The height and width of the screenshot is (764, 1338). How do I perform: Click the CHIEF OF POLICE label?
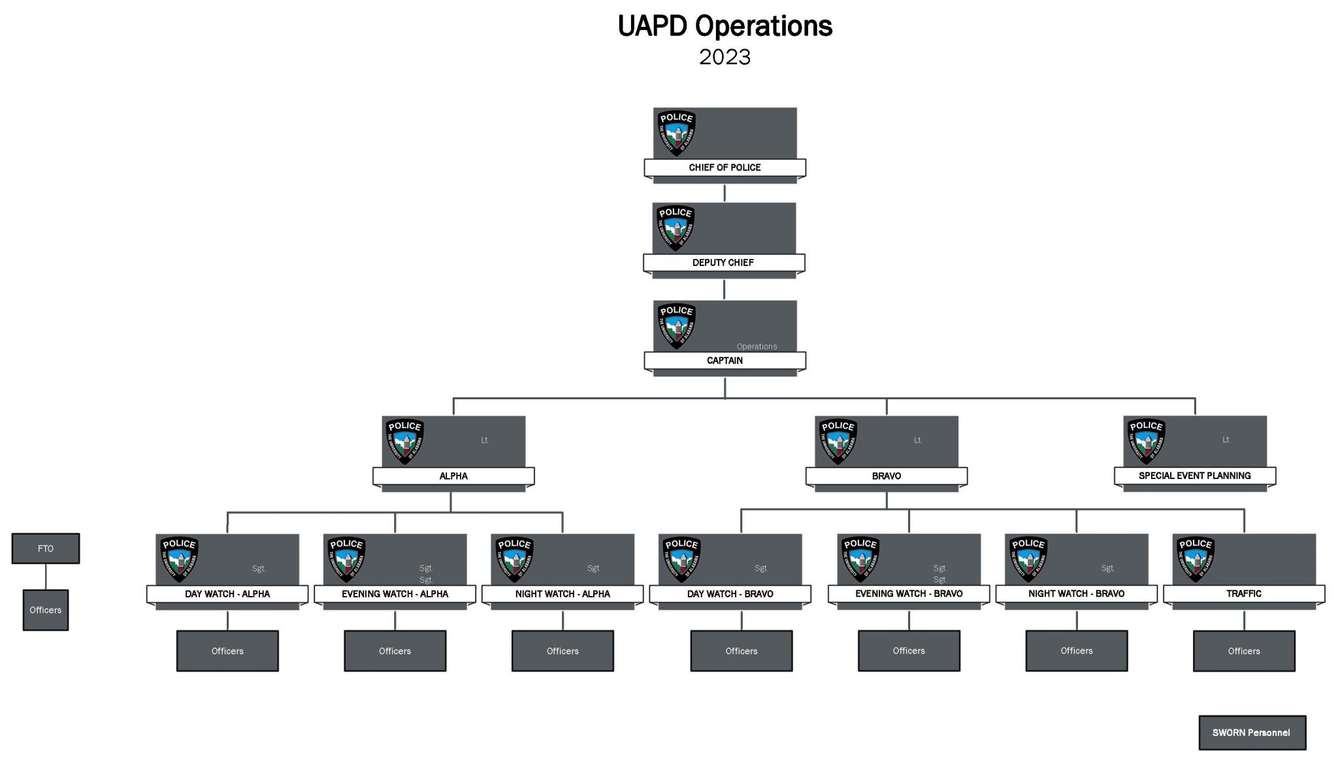tap(725, 167)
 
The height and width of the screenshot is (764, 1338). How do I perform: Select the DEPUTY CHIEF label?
tap(723, 262)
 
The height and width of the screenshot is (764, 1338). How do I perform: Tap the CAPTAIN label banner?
tap(725, 360)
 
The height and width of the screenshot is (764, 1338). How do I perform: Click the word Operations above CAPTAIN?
tap(757, 346)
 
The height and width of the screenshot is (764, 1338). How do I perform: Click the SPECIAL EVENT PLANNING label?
tap(1194, 476)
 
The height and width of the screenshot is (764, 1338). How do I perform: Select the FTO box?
tap(46, 548)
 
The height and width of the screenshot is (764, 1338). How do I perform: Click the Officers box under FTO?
tap(46, 610)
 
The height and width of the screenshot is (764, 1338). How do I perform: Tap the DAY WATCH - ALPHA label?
tap(227, 593)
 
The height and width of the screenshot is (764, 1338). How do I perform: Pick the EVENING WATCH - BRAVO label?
tap(909, 593)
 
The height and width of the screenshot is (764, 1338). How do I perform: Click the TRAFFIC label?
tap(1243, 593)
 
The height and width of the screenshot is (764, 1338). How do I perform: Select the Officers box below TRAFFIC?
tap(1243, 651)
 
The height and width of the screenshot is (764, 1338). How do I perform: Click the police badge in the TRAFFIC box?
tap(1196, 559)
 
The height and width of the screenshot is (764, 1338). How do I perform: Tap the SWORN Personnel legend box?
tap(1251, 733)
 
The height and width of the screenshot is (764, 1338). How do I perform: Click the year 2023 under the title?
tap(725, 57)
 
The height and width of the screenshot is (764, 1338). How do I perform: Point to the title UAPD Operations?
tap(725, 26)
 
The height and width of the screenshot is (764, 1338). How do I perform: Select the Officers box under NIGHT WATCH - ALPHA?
tap(563, 651)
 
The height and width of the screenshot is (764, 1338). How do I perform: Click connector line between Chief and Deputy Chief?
tap(725, 193)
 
